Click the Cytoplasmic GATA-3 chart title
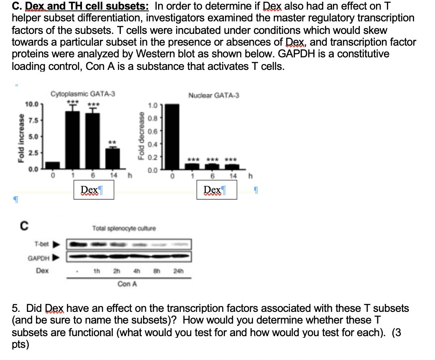[x=83, y=95]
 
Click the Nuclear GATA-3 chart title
[x=214, y=95]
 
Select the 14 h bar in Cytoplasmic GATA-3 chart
[x=113, y=157]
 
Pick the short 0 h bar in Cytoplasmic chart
[x=52, y=164]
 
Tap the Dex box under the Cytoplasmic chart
[x=93, y=190]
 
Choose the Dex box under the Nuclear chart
[x=217, y=190]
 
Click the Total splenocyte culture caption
[x=124, y=229]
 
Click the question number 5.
[x=15, y=309]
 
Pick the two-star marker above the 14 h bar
[x=113, y=142]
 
